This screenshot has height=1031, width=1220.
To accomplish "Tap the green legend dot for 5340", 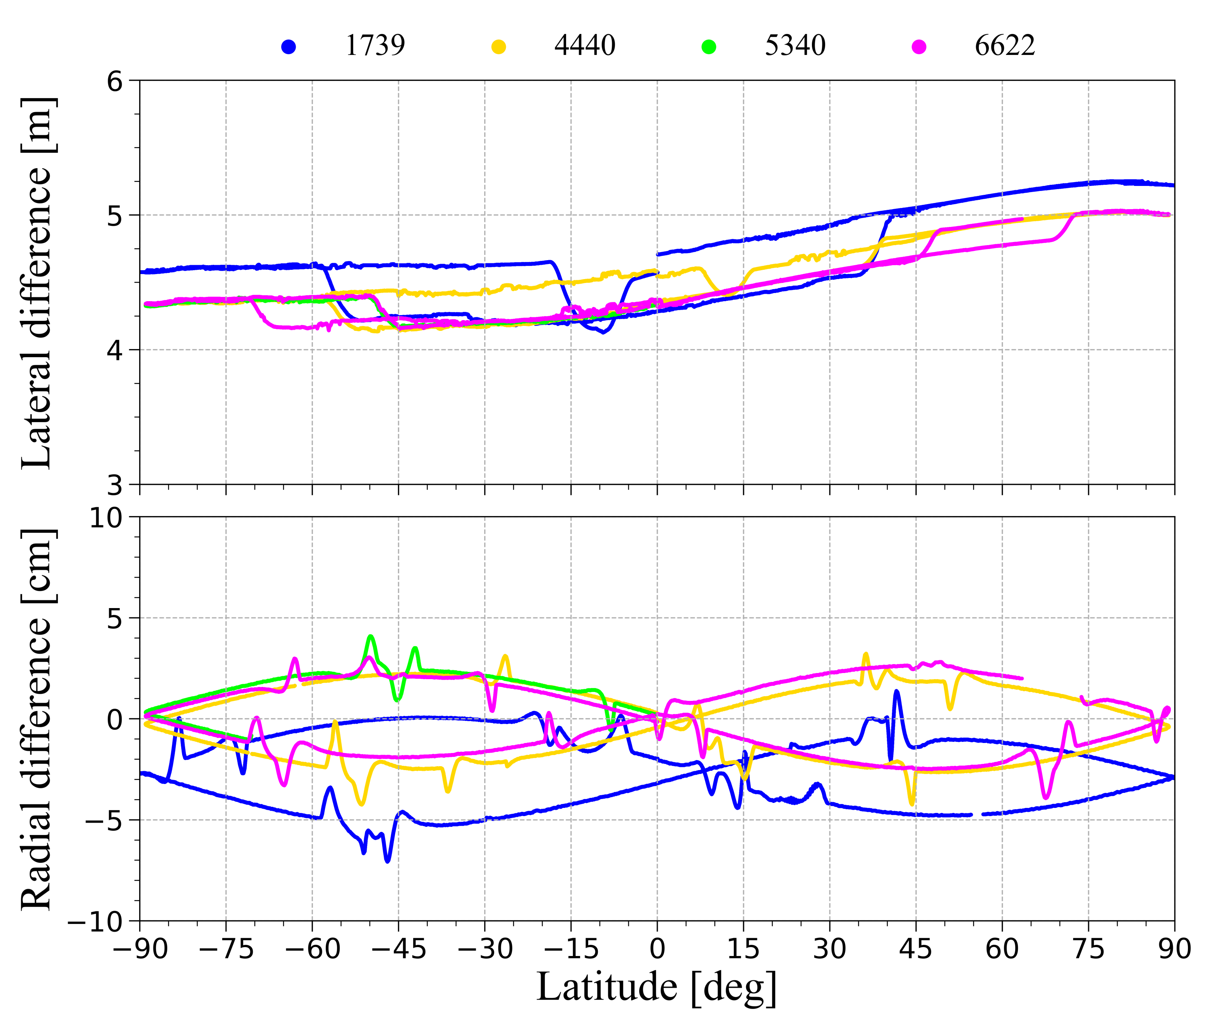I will click(x=709, y=47).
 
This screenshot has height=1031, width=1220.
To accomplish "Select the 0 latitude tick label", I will click(x=657, y=949).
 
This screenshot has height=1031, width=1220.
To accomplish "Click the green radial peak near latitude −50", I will click(x=371, y=636).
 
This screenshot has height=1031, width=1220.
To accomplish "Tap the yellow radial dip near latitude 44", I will click(x=912, y=804).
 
